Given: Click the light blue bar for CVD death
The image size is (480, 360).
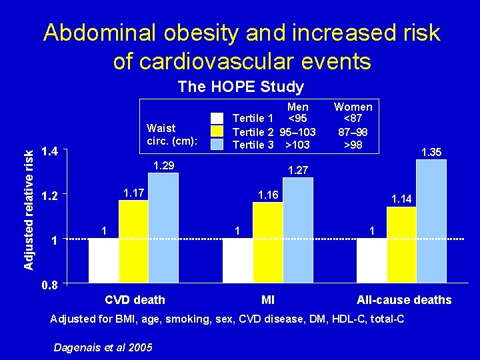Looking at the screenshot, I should pos(163,228).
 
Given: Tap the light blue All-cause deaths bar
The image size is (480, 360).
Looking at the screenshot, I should pos(431,221).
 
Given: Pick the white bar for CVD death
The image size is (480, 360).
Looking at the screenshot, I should pos(103,261).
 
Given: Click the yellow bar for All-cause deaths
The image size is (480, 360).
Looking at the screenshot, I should pos(401,245).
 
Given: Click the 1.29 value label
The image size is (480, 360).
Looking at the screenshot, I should pos(164,165).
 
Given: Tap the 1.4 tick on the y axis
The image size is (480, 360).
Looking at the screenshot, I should pos(49,152).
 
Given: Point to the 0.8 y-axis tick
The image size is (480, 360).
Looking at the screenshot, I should pos(49,285).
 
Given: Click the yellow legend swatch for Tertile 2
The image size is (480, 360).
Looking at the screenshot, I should pos(217,131).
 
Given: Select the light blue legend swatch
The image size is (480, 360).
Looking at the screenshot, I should pos(217,143).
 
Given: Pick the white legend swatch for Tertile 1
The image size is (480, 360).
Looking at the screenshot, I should pos(217,119).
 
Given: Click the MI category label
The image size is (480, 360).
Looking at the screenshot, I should pos(268,300).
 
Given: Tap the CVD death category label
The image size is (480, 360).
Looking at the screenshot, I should pos(135,300).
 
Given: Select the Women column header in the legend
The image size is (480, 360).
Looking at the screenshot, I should pos(353,107).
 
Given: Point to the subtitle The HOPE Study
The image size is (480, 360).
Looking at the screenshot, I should pos(241,87).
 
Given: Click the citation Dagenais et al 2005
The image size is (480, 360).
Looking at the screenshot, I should pos(103,347).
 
